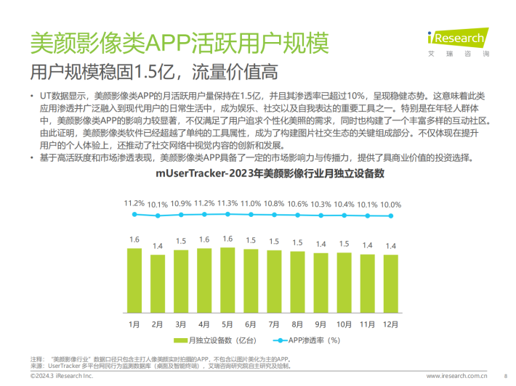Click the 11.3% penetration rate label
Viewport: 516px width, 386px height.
coord(227,203)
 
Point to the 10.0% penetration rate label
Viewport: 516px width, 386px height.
coord(391,205)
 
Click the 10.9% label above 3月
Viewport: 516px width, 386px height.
coord(181,203)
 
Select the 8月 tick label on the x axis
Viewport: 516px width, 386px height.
coord(297,323)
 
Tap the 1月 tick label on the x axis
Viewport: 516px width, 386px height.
coord(134,323)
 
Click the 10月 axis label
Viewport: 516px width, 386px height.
coord(344,323)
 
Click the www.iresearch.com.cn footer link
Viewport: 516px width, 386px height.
coord(455,377)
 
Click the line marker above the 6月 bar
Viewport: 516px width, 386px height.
coord(251,215)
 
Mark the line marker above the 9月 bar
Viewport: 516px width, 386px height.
coord(321,215)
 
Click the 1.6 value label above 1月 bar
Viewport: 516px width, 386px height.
coord(134,239)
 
